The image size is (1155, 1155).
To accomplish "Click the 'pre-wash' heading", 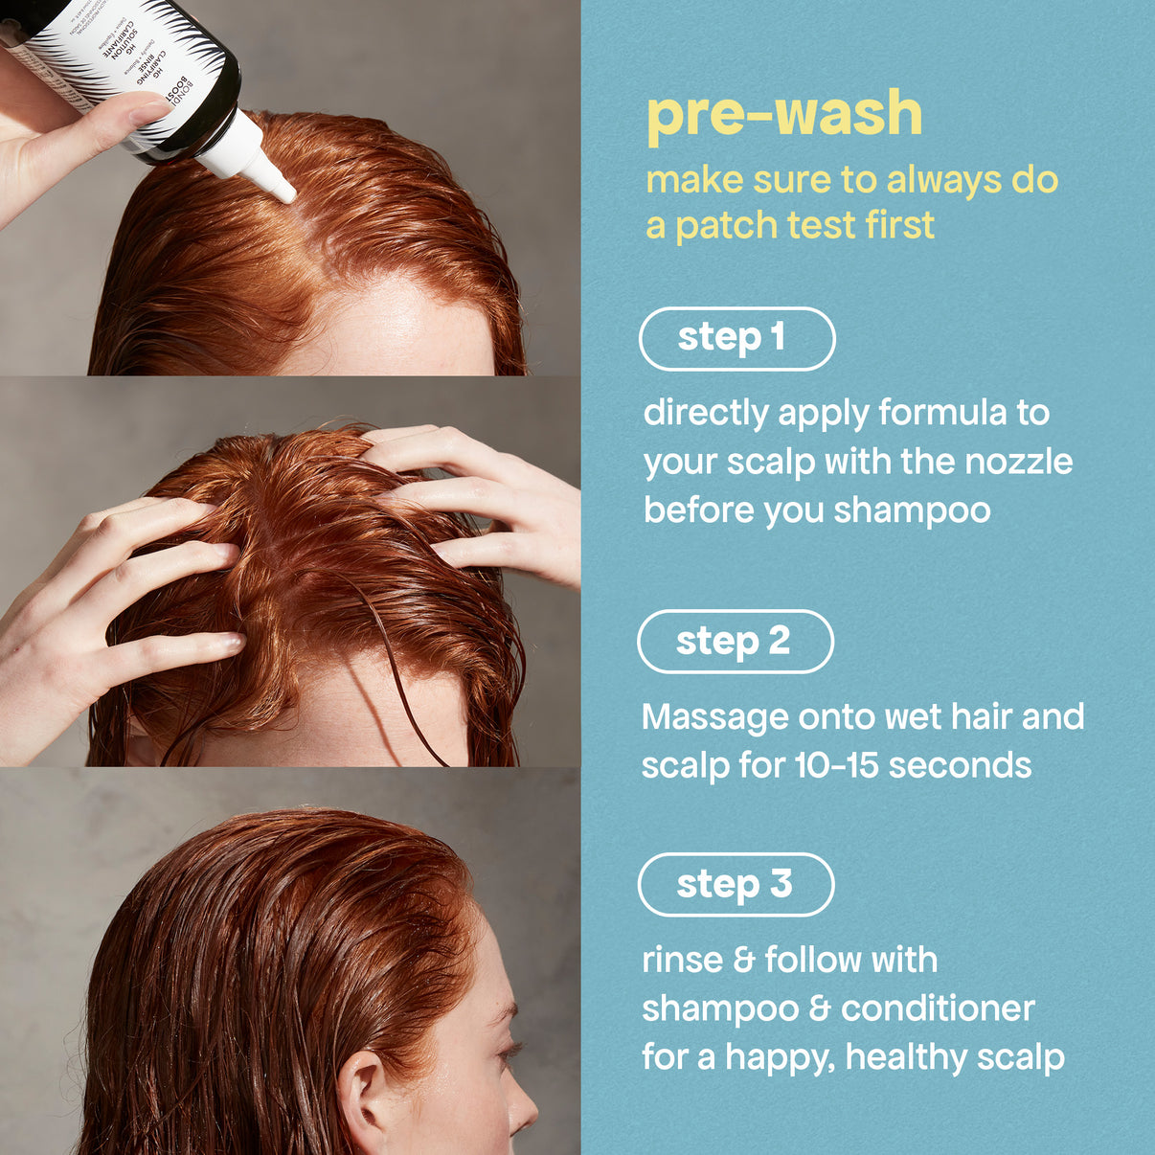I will [783, 114].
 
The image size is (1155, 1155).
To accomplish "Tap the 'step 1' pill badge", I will [736, 338].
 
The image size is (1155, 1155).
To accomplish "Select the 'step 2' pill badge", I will [735, 641].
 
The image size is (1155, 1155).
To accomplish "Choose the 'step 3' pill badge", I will [736, 884].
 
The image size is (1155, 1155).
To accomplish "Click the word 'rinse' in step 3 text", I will [682, 960].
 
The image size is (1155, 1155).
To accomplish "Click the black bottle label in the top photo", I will [144, 57].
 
